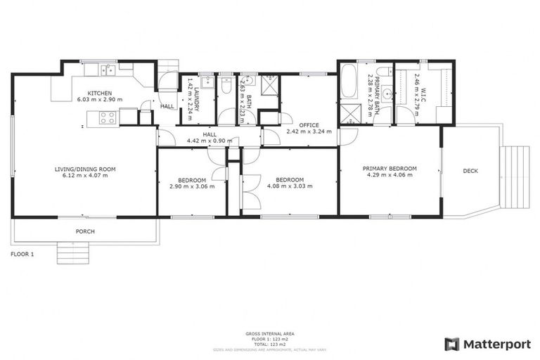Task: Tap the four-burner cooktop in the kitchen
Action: [x=108, y=117]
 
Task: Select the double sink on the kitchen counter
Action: [x=107, y=69]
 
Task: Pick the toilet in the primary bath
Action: [x=382, y=73]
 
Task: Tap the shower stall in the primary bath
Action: [x=349, y=115]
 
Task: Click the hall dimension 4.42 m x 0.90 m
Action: [x=210, y=141]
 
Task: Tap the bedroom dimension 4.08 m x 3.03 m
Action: [x=290, y=186]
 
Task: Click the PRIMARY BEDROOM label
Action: [x=390, y=168]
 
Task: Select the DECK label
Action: [x=471, y=171]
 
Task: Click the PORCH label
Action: [x=85, y=231]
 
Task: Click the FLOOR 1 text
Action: [x=22, y=254]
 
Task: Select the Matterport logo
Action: [x=487, y=344]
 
